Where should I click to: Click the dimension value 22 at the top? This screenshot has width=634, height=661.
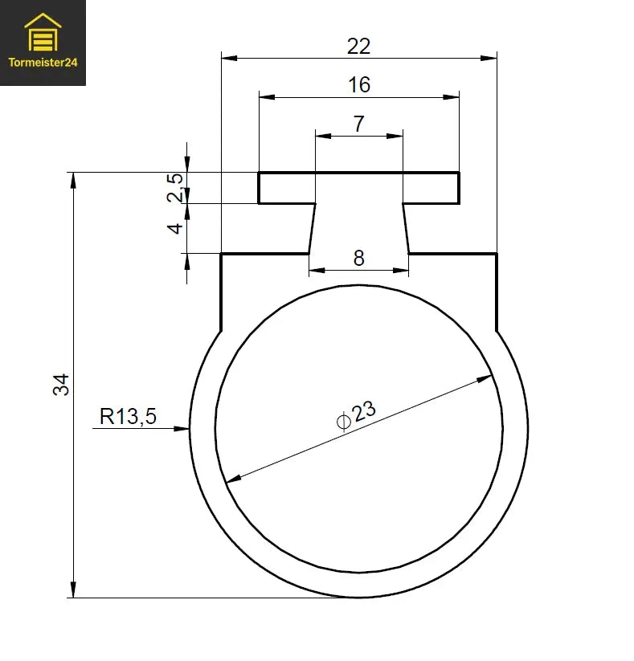point(358,47)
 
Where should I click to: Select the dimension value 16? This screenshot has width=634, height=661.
point(358,84)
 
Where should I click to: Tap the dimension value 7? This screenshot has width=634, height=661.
point(358,124)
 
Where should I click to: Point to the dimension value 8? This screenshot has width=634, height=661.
point(358,258)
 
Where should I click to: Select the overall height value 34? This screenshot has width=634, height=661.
point(62,384)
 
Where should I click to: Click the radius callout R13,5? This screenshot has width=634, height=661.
point(128,416)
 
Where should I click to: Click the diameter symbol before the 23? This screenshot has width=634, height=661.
point(343,420)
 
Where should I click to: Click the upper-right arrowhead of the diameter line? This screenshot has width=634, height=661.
point(485,377)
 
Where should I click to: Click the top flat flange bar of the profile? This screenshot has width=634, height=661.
point(358,188)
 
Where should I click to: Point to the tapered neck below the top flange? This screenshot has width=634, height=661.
point(358,228)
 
